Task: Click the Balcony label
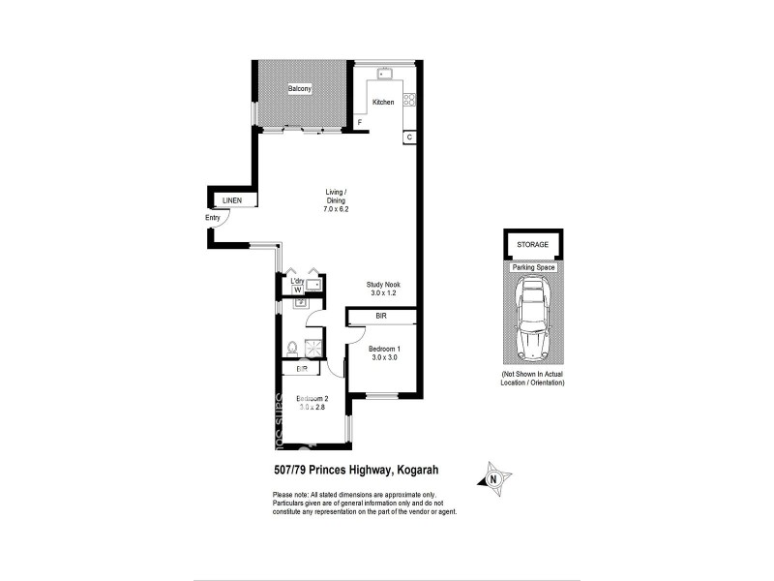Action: [x=299, y=90]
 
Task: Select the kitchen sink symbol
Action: [x=383, y=73]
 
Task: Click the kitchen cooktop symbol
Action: [x=408, y=99]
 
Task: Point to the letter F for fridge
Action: [x=359, y=123]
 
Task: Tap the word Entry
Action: [x=213, y=218]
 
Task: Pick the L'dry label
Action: [x=298, y=281]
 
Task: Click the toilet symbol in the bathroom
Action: [x=291, y=348]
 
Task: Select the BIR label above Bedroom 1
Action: [x=381, y=316]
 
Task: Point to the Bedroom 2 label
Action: [x=313, y=400]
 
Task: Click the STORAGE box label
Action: [x=532, y=245]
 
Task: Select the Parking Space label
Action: [x=532, y=266]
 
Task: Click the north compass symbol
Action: [x=494, y=476]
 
